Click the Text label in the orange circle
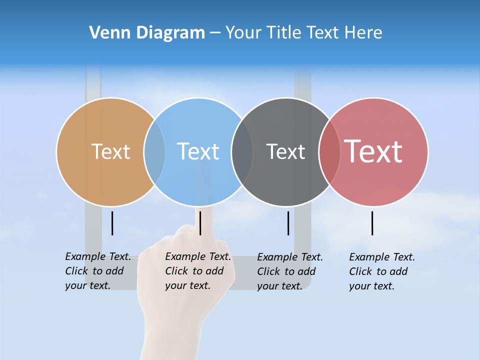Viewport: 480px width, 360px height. (x=110, y=151)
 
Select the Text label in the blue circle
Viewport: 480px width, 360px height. (x=198, y=151)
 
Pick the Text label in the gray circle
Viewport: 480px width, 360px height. (x=285, y=151)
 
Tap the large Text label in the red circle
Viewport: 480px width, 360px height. (x=373, y=151)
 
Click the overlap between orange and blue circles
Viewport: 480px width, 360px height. (x=154, y=152)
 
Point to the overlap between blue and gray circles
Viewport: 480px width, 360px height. (x=242, y=152)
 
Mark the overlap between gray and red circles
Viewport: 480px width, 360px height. (x=329, y=152)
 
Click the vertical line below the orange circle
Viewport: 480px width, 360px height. (x=112, y=223)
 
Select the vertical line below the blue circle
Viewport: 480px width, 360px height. (x=200, y=223)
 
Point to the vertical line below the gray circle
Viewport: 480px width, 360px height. (x=288, y=223)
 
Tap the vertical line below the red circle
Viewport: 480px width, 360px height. (x=372, y=223)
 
